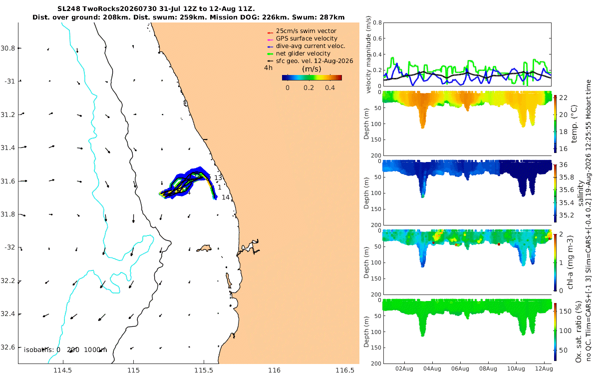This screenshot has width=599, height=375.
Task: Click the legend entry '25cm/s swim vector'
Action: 306,31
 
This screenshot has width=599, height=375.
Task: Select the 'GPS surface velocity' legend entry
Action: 306,38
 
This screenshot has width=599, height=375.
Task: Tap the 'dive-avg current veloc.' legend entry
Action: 310,46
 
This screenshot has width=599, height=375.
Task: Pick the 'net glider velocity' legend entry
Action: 303,53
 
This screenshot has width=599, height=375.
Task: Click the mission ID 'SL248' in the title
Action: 69,9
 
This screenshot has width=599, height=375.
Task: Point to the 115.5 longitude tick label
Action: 204,370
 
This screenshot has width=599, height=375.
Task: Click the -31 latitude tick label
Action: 9,81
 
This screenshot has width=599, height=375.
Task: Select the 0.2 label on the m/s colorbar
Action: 308,88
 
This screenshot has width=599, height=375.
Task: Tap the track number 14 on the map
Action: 226,197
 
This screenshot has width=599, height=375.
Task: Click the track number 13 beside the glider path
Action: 218,178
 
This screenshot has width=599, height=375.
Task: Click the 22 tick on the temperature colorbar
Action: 563,98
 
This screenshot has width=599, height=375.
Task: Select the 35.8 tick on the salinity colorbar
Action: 567,177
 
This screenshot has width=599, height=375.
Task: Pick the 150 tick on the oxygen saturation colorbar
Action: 565,311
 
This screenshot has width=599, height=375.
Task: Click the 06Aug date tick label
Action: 460,368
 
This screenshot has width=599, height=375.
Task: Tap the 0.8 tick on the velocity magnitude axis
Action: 377,23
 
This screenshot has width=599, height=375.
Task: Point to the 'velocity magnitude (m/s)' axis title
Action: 368,54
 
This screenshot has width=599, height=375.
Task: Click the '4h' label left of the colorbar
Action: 268,68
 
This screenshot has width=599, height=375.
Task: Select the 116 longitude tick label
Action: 275,370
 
